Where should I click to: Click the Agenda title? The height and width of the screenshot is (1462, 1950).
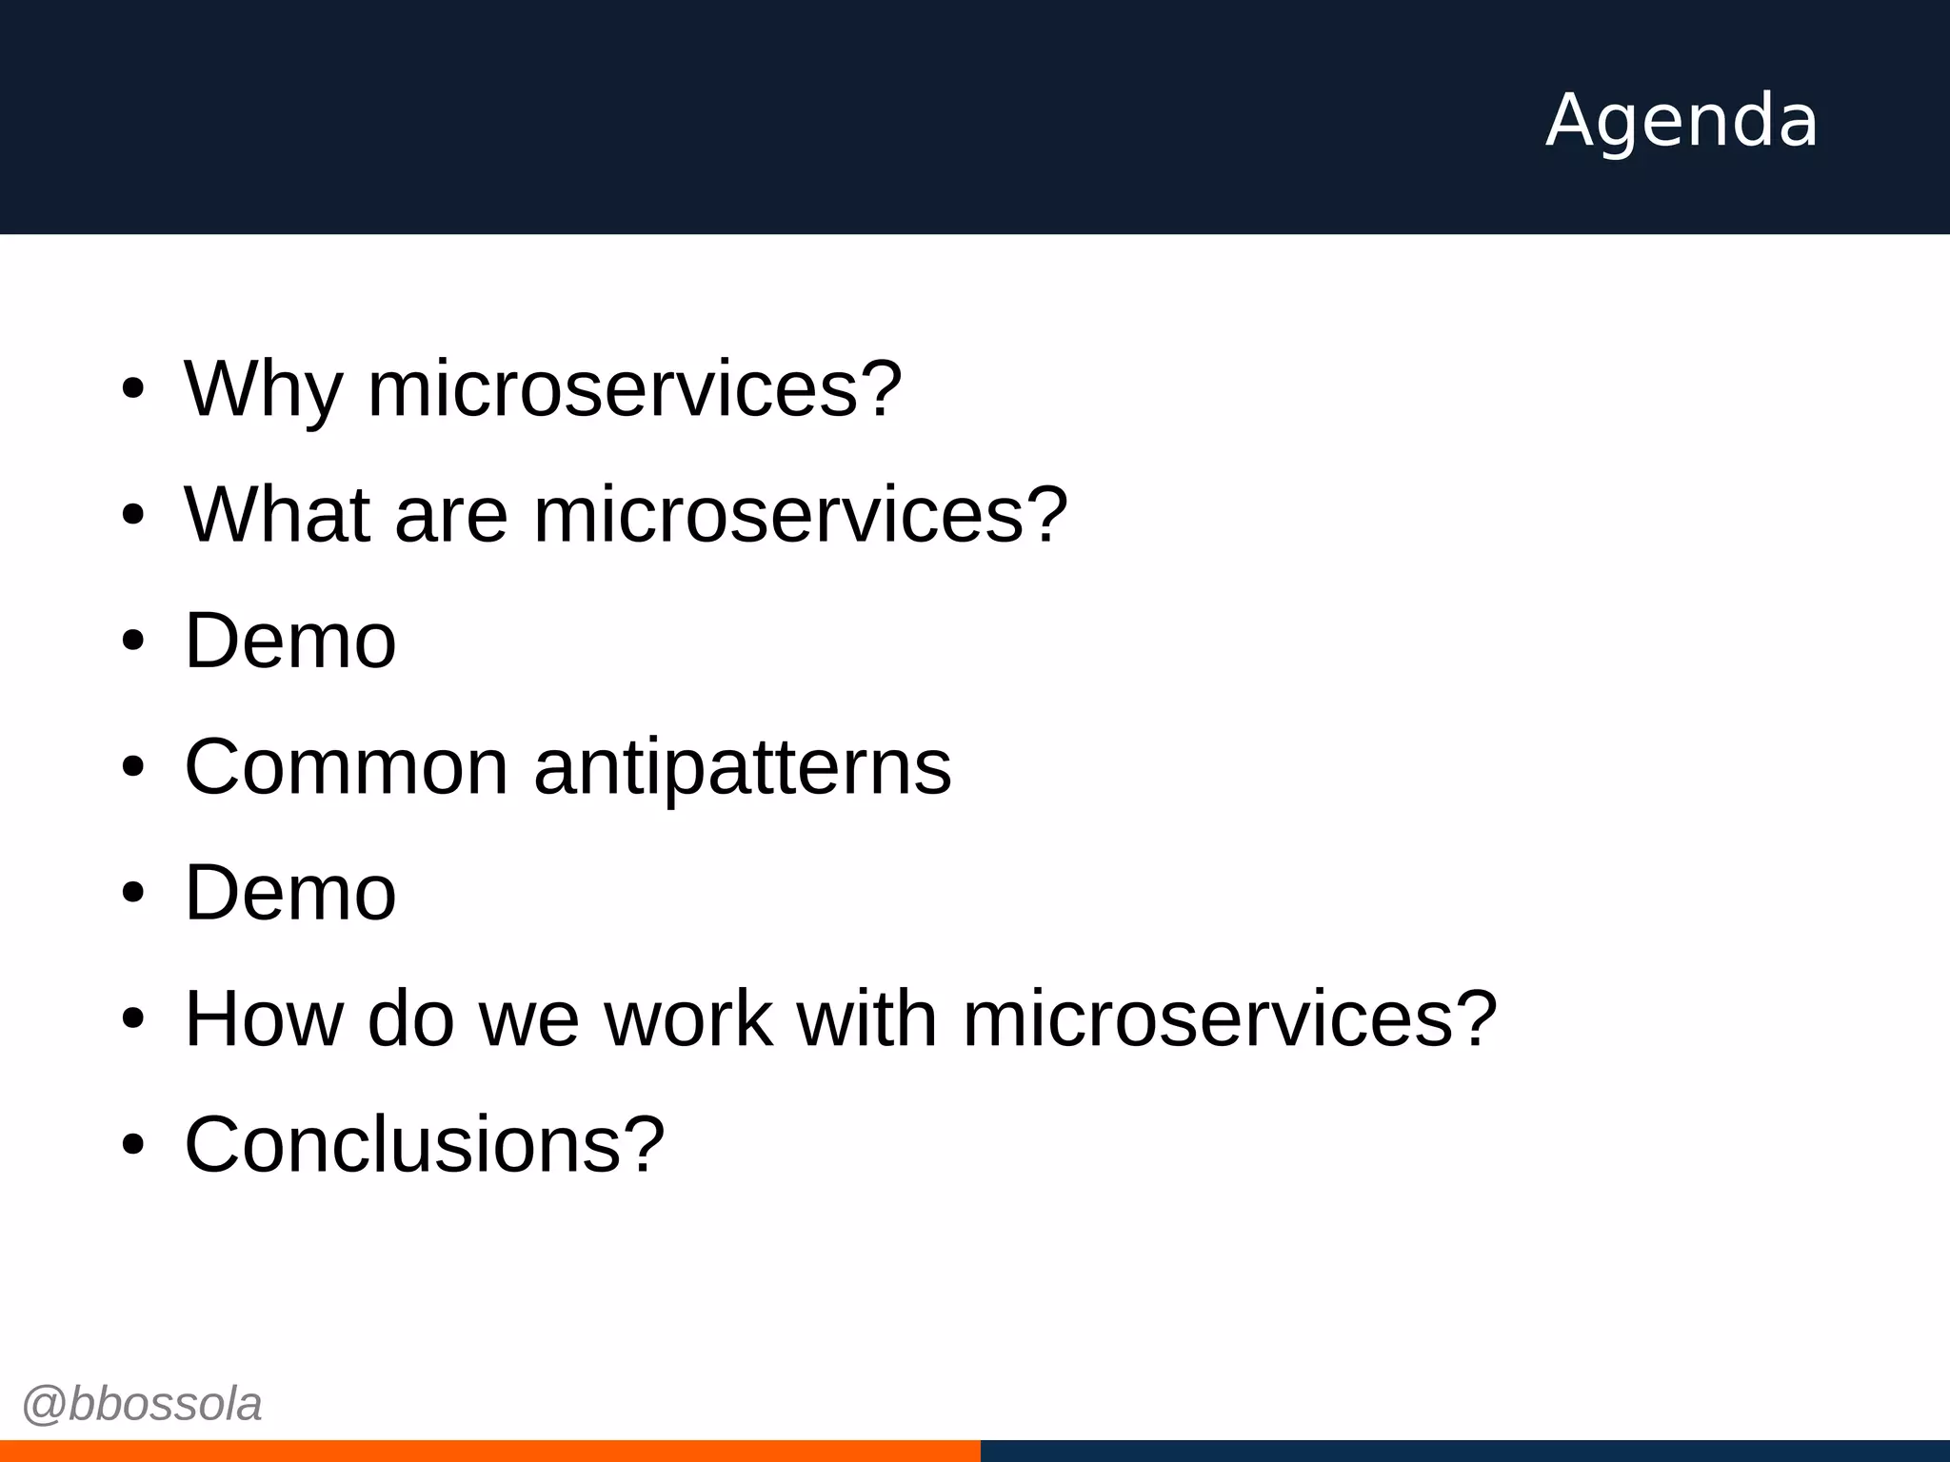[x=1681, y=120]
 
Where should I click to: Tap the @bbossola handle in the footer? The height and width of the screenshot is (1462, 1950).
[x=142, y=1404]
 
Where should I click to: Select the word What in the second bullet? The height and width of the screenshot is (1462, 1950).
[x=277, y=514]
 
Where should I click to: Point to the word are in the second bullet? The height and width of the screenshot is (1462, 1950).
[x=450, y=516]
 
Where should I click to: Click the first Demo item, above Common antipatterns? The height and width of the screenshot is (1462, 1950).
[x=290, y=641]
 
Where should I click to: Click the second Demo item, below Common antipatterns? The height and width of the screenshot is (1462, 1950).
[x=290, y=893]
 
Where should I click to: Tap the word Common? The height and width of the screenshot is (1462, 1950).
[x=347, y=767]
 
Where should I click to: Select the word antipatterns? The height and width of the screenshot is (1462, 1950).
[x=743, y=767]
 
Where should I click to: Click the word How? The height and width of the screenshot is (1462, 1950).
[x=264, y=1018]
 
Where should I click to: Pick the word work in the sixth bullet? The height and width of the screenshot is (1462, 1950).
[x=688, y=1018]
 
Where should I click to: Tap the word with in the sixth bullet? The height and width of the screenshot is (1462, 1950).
[x=866, y=1018]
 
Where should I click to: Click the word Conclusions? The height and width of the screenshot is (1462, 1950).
[x=425, y=1144]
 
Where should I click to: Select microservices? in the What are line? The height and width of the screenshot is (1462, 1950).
[x=801, y=514]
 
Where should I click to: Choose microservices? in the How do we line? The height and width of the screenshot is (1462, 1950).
[x=1230, y=1018]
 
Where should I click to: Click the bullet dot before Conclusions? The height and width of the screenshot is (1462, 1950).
[x=132, y=1145]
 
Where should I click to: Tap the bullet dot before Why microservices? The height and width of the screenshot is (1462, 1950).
[x=132, y=389]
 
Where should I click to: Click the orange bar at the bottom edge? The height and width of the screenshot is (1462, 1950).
[x=489, y=1451]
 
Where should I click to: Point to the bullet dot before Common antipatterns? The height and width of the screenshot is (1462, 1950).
[x=132, y=767]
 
